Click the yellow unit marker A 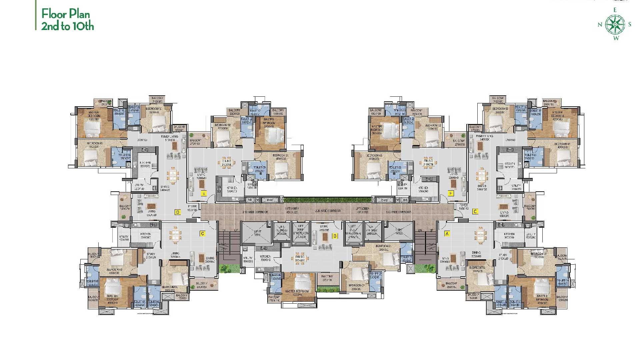point(447,234)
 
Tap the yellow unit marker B point(335,236)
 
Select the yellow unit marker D point(178,212)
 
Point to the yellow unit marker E point(204,193)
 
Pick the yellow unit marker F point(451,193)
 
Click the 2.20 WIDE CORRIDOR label point(328,211)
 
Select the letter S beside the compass point(629,24)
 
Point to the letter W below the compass point(616,38)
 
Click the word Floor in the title point(53,14)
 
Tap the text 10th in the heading point(85,26)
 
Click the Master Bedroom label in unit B point(297,291)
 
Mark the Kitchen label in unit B point(265,257)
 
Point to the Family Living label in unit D point(170,137)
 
